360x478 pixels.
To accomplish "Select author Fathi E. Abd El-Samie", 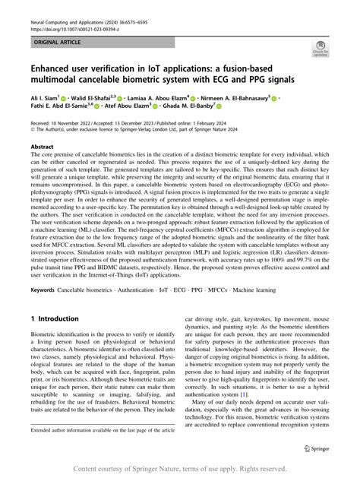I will point(58,109).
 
